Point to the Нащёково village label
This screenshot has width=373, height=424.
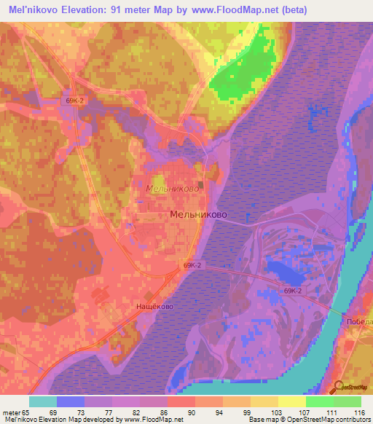(x=154, y=307)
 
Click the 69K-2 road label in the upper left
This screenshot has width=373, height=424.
(x=76, y=101)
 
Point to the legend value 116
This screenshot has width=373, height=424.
(x=360, y=412)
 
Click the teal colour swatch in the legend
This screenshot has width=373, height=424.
(x=42, y=401)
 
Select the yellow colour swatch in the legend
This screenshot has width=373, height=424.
(x=291, y=401)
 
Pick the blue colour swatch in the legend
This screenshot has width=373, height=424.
(x=70, y=401)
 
